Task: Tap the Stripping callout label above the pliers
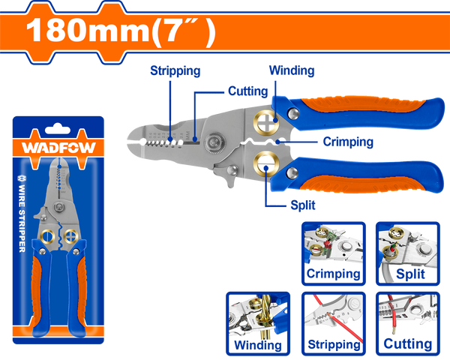coord(175,71)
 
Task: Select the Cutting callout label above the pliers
coord(248,91)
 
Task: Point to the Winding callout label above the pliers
coord(292,70)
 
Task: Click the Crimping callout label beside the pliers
coord(348,142)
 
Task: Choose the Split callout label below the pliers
coord(303,205)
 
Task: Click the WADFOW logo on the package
coord(58,148)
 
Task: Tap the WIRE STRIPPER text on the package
coord(22,214)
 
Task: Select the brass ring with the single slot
coord(266,163)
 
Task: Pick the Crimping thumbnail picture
coord(334,253)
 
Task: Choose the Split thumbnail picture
coord(408,253)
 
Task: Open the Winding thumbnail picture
coord(258,323)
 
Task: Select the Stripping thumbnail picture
coord(334,323)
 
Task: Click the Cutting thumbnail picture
coord(408,323)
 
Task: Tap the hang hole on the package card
coord(58,129)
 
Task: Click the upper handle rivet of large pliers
coord(293,113)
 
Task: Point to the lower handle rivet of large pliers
coord(292,172)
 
